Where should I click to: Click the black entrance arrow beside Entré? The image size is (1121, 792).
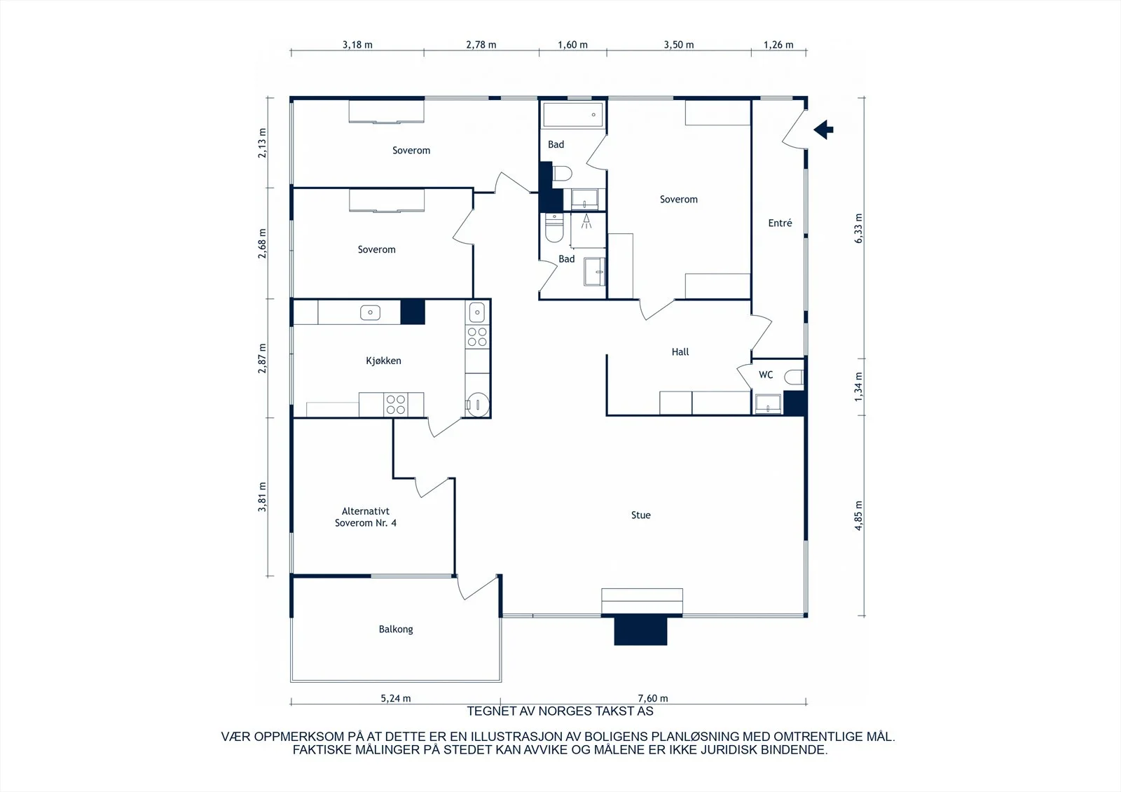pyautogui.click(x=823, y=130)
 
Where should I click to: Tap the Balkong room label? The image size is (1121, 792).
pyautogui.click(x=396, y=630)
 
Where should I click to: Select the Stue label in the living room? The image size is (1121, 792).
pyautogui.click(x=640, y=515)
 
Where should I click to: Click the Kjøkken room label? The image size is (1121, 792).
pyautogui.click(x=383, y=361)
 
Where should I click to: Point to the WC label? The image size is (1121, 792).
pyautogui.click(x=766, y=375)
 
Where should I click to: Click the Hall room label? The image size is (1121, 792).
pyautogui.click(x=680, y=352)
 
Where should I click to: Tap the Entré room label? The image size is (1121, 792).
pyautogui.click(x=780, y=223)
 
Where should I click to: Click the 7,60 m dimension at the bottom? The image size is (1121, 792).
pyautogui.click(x=652, y=698)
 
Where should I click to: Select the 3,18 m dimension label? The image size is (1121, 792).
pyautogui.click(x=357, y=45)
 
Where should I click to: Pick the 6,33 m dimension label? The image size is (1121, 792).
pyautogui.click(x=858, y=228)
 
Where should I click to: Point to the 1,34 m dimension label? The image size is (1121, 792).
pyautogui.click(x=858, y=387)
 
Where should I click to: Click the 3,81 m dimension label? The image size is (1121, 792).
pyautogui.click(x=262, y=496)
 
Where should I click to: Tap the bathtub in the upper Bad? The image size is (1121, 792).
pyautogui.click(x=573, y=115)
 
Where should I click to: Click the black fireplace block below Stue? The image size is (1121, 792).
pyautogui.click(x=640, y=630)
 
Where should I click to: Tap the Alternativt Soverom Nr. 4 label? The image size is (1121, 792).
pyautogui.click(x=365, y=517)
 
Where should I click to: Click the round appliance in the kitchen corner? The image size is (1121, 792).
pyautogui.click(x=478, y=404)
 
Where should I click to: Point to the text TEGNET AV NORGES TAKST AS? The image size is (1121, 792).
pyautogui.click(x=560, y=711)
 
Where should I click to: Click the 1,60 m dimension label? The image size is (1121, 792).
pyautogui.click(x=572, y=45)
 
